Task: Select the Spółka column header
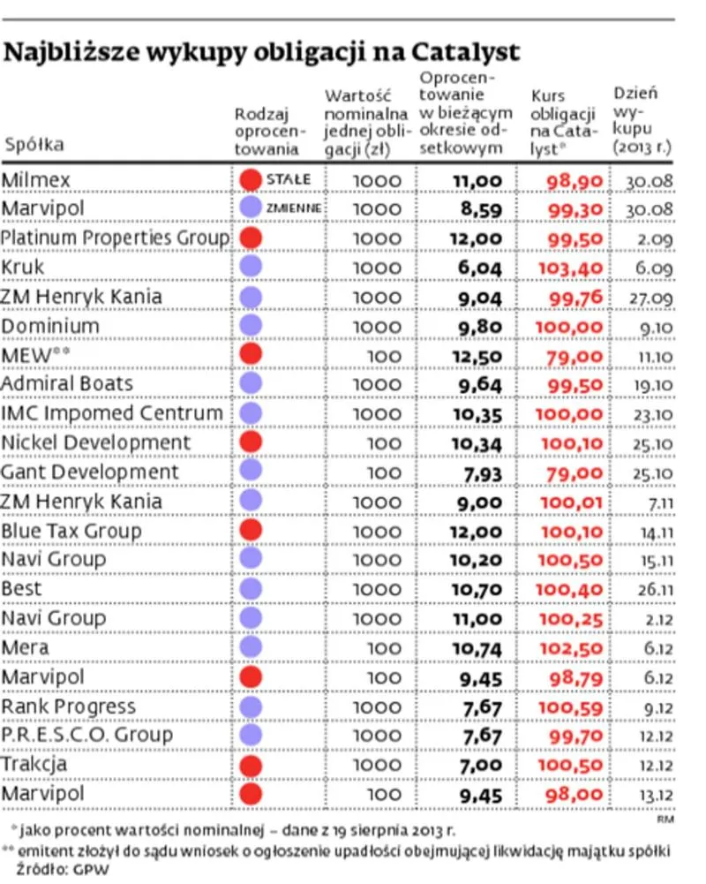[35, 146]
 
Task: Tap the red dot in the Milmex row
[252, 180]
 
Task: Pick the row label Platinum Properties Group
[115, 238]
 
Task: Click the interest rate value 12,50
[477, 355]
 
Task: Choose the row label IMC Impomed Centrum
[112, 413]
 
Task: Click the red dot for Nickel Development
[252, 442]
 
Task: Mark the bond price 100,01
[575, 502]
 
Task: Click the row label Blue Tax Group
[71, 531]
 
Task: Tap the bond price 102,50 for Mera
[575, 647]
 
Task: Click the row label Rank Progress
[69, 706]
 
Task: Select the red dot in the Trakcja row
[252, 765]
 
